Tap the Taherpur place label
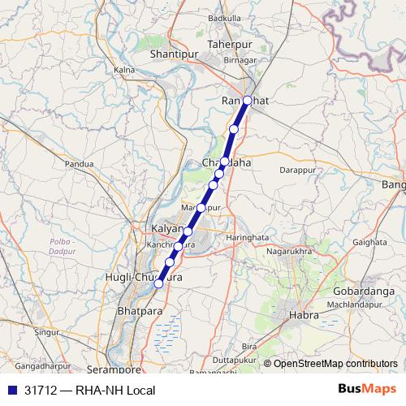click(231, 44)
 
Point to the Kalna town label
click(123, 71)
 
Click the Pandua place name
click(80, 163)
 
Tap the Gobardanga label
click(363, 291)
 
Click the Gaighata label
click(370, 242)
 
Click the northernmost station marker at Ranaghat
click(248, 101)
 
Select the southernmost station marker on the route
click(159, 283)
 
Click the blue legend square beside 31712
click(11, 390)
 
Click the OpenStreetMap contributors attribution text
click(335, 363)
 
